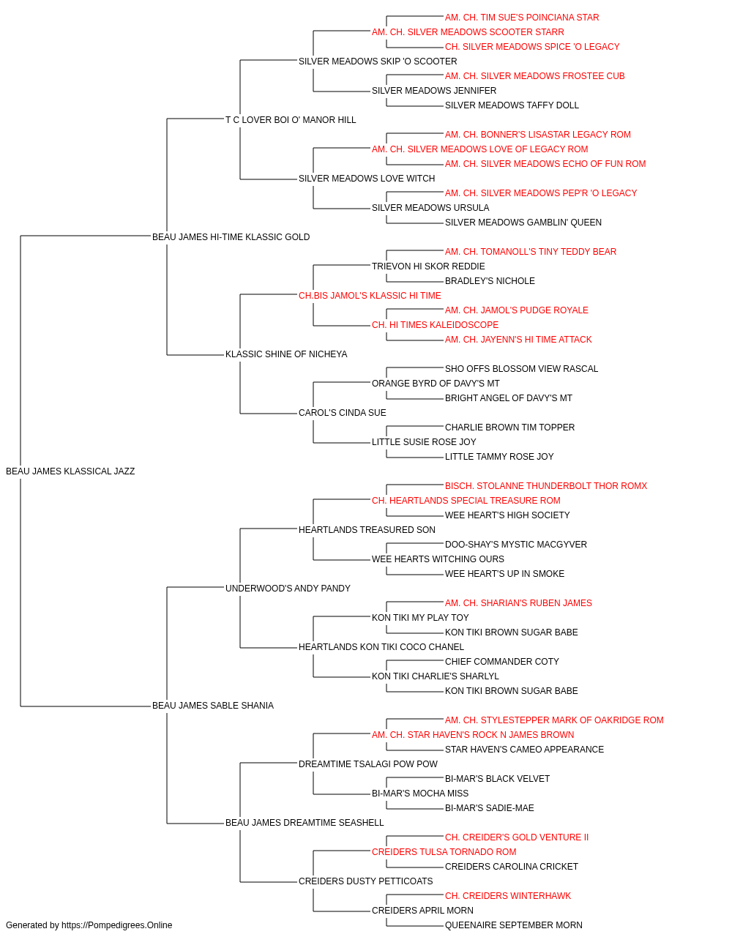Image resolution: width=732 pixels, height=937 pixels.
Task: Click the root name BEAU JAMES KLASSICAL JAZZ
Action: [70, 471]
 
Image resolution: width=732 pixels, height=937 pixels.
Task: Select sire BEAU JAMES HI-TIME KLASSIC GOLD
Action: [231, 236]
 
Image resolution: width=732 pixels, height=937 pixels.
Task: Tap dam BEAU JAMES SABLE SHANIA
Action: [213, 706]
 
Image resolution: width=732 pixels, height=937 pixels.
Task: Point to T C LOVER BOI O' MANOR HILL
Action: [291, 120]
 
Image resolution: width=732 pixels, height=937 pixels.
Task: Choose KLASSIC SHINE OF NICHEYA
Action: [286, 354]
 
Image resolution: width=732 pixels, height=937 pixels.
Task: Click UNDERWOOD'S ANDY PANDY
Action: [288, 588]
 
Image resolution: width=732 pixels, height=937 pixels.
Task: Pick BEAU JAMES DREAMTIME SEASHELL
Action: [305, 822]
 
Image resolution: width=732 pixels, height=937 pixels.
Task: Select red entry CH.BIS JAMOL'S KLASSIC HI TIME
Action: [370, 295]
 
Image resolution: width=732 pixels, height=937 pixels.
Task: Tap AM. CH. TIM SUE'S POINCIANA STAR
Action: [522, 18]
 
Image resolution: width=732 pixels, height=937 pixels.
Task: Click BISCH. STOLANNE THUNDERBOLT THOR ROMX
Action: [546, 485]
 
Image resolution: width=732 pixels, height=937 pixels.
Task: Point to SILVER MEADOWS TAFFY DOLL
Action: [512, 105]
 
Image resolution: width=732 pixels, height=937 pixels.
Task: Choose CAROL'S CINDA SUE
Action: [343, 413]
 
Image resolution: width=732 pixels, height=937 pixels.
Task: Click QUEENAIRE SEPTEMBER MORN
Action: [513, 925]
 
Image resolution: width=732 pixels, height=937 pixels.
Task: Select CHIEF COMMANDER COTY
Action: [502, 662]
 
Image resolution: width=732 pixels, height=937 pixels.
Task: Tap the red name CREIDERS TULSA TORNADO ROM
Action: [444, 851]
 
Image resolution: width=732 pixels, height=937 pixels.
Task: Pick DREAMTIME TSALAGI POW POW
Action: [368, 764]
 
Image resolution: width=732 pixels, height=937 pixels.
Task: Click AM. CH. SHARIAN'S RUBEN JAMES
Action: [518, 602]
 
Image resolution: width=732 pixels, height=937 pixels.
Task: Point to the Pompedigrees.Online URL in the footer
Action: [117, 925]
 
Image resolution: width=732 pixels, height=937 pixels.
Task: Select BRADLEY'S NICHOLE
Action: [490, 280]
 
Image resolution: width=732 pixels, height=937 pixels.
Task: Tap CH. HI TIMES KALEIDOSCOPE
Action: [435, 325]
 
